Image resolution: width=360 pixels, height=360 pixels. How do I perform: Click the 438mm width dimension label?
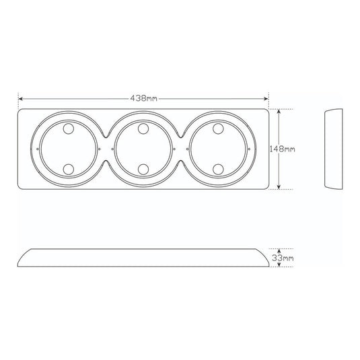[144, 98]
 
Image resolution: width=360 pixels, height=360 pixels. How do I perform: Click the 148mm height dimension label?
[282, 149]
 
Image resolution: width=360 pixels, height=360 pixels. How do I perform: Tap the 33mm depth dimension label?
[283, 258]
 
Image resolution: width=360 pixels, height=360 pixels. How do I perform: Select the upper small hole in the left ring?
[69, 129]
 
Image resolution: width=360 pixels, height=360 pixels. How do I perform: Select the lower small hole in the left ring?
[69, 169]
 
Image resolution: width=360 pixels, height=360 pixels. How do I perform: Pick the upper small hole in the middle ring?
[143, 129]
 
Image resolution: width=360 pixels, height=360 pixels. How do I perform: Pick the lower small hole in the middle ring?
[143, 169]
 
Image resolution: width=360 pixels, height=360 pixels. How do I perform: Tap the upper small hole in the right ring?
[218, 129]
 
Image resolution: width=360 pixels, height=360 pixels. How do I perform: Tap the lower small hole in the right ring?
[218, 169]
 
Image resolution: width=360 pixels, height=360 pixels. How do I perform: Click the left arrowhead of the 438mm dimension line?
[20, 99]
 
